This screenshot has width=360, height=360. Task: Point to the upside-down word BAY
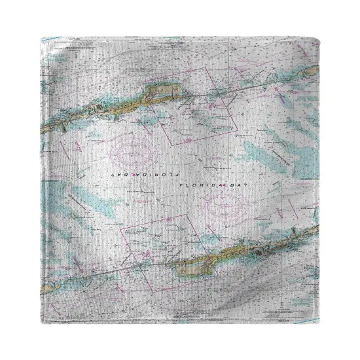tap(122, 176)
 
